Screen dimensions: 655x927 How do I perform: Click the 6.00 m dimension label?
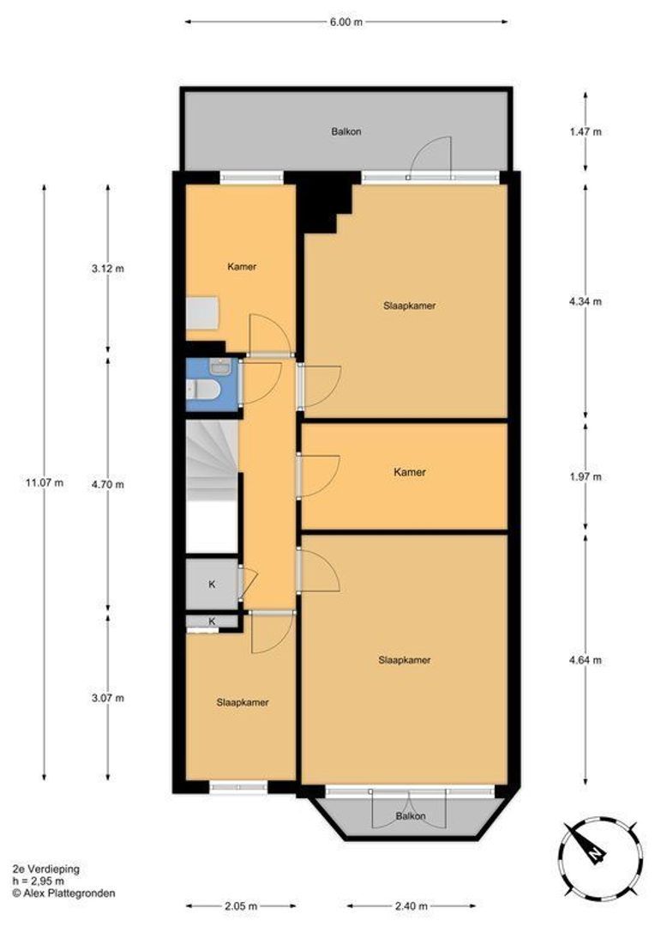346,21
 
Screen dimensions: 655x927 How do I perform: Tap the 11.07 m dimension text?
45,482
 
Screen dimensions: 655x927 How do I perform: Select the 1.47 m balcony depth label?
586,132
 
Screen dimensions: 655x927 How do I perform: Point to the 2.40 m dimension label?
411,906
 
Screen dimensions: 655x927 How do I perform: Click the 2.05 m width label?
241,906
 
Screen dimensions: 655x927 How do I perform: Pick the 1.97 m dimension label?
586,476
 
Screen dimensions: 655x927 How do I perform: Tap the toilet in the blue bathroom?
204,390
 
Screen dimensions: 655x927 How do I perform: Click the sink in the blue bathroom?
221,367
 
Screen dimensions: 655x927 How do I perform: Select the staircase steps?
212,459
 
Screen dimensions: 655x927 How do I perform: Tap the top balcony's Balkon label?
346,132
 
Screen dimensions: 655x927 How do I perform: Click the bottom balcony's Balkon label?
411,816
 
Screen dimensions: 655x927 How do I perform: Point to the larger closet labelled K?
212,585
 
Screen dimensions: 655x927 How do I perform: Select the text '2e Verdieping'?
46,869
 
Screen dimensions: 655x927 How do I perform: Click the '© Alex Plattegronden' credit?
63,894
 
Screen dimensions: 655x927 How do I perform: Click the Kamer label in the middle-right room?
410,472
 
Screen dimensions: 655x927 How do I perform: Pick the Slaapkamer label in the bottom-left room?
243,703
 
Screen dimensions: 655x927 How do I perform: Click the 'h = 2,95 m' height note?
39,882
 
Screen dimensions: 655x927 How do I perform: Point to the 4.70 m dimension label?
107,485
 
